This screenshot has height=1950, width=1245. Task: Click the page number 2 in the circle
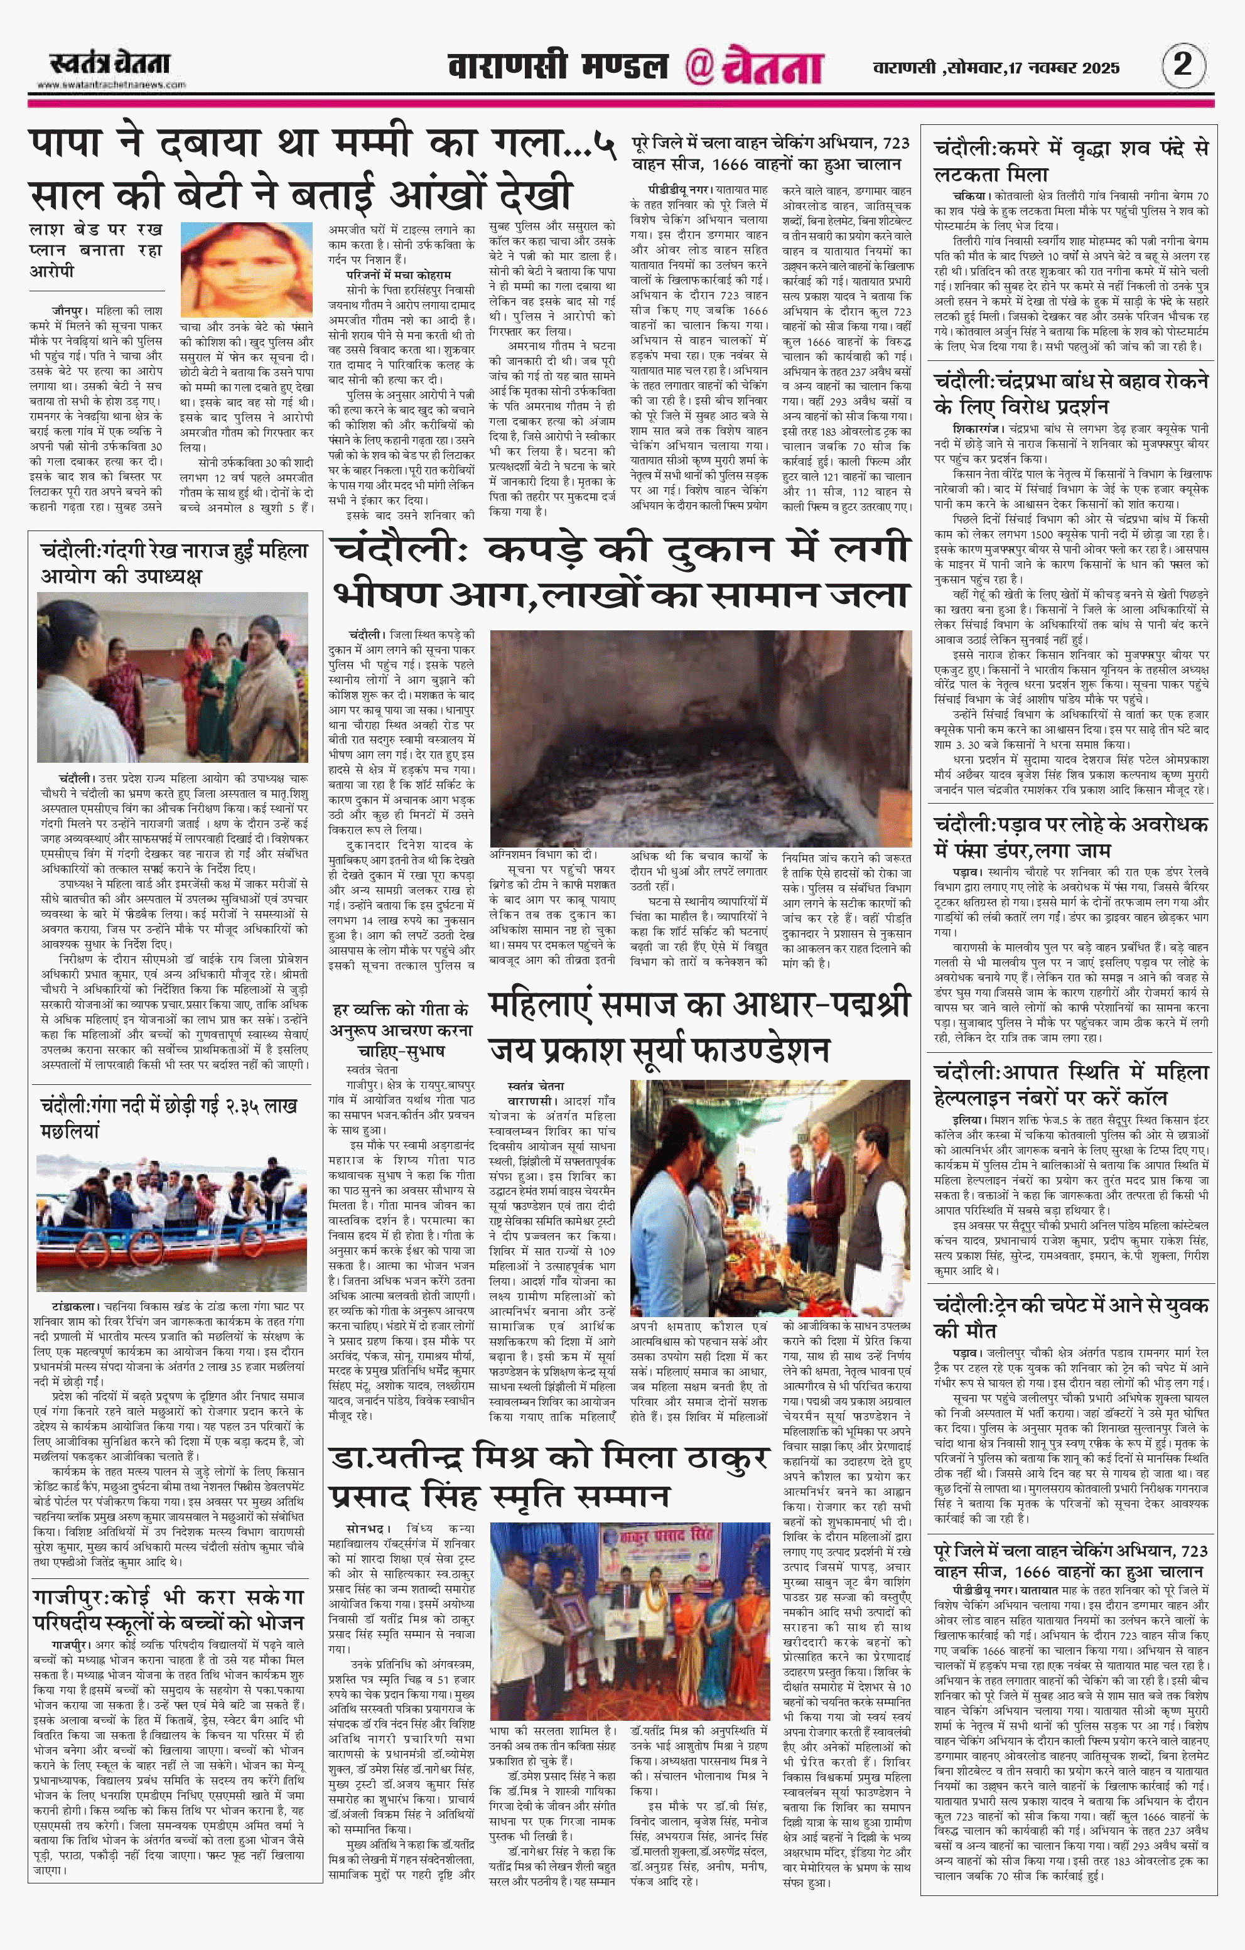coord(1183,64)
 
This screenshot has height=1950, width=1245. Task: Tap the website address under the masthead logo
coord(111,85)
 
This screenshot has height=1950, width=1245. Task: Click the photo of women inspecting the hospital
coord(172,676)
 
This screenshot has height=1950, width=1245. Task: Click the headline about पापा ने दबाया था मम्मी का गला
coord(316,170)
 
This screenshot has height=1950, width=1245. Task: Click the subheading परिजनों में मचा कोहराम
coord(399,274)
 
